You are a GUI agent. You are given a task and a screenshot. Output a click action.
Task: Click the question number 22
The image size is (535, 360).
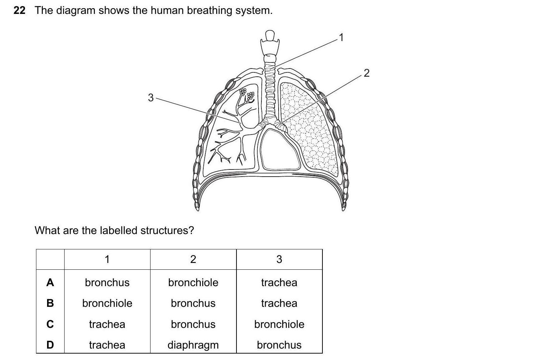pos(20,11)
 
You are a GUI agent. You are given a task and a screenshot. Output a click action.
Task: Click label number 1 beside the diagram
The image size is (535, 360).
pos(341,37)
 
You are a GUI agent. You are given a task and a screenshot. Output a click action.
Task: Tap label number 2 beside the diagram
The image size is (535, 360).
pos(366,73)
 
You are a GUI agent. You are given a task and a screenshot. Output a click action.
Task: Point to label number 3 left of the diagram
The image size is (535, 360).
pos(151,97)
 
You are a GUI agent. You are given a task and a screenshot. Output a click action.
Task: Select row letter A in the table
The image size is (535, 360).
pos(50,283)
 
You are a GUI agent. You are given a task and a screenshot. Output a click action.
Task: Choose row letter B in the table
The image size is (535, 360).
pos(50,303)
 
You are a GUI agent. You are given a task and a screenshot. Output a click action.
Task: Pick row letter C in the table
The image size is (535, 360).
pos(50,324)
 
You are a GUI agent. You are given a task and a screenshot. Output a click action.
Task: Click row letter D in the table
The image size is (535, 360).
pos(50,345)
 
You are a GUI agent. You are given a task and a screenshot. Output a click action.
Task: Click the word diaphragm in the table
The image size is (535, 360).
pos(193,345)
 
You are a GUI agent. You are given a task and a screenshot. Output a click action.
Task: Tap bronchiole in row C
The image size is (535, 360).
pos(279,324)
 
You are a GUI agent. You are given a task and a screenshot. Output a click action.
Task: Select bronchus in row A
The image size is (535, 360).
pos(107,283)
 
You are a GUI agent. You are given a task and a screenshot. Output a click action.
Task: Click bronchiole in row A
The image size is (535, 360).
pos(193,283)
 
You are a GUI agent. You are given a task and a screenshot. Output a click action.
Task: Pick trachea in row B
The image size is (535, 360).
pos(279,303)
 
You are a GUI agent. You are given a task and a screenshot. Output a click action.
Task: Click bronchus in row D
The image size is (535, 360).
pos(279,345)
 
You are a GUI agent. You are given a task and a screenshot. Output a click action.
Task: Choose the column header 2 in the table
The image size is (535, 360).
pos(193,259)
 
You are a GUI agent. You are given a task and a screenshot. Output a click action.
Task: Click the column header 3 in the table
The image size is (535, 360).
pos(279,259)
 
